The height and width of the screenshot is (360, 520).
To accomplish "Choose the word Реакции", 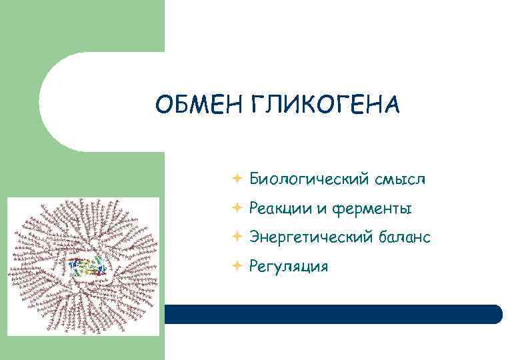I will click(x=279, y=209).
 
